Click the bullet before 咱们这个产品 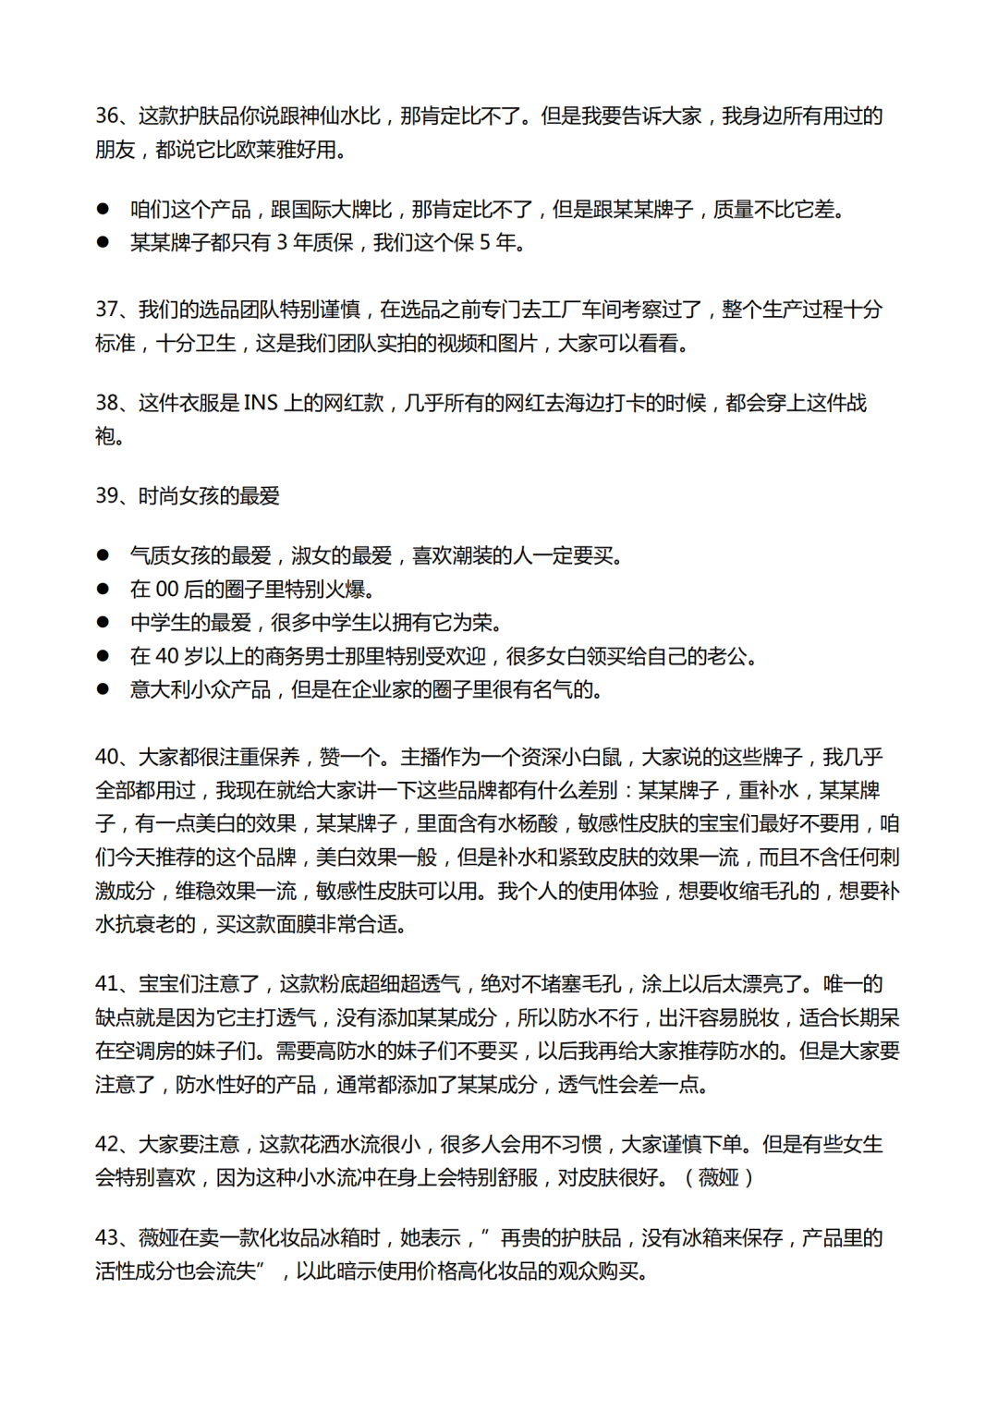point(103,210)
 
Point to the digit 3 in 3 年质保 point(282,243)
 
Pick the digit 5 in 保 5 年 point(484,243)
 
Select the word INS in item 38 point(261,403)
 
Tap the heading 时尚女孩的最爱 point(209,496)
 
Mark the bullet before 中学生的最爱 point(103,623)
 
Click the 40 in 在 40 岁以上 point(166,657)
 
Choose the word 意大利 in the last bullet point(160,690)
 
